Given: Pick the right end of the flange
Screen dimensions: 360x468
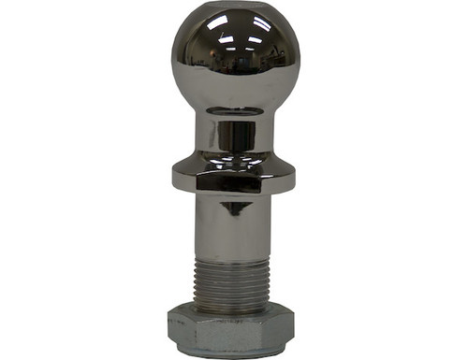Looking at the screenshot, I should click(290, 176).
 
